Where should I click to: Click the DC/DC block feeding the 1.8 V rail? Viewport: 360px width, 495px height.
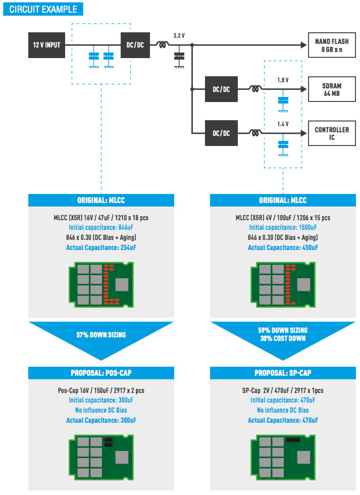[221, 89]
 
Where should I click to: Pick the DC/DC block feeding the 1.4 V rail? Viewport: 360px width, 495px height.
[221, 133]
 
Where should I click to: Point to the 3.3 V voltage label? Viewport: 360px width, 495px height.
[179, 36]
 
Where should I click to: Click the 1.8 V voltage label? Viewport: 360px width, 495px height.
[283, 80]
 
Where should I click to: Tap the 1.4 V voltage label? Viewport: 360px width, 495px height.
[283, 124]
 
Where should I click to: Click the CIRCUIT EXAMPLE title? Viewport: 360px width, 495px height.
[43, 9]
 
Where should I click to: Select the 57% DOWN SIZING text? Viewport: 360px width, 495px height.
[101, 334]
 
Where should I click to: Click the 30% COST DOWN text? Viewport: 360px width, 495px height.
[283, 338]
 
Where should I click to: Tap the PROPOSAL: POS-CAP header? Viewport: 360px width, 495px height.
[101, 373]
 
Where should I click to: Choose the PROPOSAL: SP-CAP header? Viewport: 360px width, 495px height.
[283, 373]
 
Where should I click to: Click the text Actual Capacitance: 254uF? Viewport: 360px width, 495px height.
[101, 247]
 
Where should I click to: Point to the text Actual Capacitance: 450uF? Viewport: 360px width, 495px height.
[283, 247]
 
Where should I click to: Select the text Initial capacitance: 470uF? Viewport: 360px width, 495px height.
[283, 400]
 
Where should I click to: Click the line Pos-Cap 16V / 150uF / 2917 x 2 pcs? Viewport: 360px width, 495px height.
[101, 390]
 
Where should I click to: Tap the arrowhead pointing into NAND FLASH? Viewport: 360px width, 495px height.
[304, 45]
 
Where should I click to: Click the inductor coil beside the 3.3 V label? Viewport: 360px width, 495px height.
[163, 44]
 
